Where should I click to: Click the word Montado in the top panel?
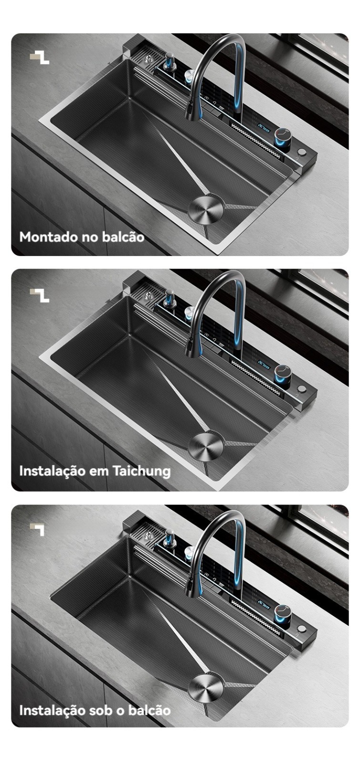click(48, 237)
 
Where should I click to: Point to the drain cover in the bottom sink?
click(206, 682)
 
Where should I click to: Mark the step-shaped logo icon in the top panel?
click(39, 57)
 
